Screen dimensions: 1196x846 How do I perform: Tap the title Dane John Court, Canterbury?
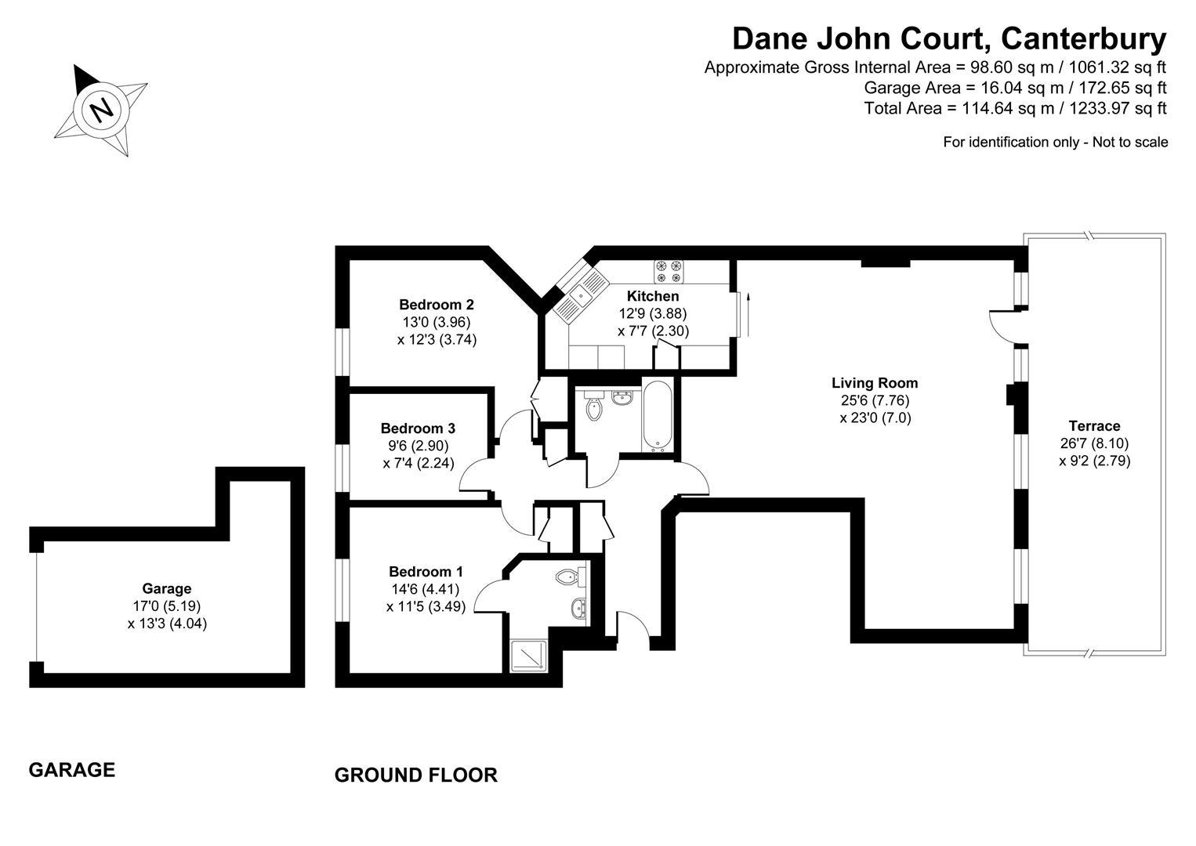(x=949, y=39)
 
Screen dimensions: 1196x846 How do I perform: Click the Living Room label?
(x=875, y=383)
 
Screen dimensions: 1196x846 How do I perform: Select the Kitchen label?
(x=652, y=295)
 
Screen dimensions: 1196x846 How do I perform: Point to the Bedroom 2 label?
(x=437, y=305)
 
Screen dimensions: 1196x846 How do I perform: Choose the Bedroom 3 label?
(x=418, y=428)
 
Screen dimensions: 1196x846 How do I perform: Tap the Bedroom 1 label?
(x=426, y=572)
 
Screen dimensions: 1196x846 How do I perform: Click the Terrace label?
(x=1094, y=426)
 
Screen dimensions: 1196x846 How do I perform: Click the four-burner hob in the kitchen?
(x=669, y=271)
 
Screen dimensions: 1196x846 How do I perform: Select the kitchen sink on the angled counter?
(x=581, y=295)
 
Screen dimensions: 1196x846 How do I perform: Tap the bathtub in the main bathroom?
(x=658, y=414)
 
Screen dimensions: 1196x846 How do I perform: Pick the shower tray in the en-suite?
(x=528, y=656)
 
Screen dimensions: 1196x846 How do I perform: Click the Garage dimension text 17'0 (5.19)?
(x=167, y=606)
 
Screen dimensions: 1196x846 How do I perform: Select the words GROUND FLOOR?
(x=416, y=775)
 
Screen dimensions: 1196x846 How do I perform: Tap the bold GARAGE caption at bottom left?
(x=72, y=770)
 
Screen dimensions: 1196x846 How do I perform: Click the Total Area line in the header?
(x=1016, y=108)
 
